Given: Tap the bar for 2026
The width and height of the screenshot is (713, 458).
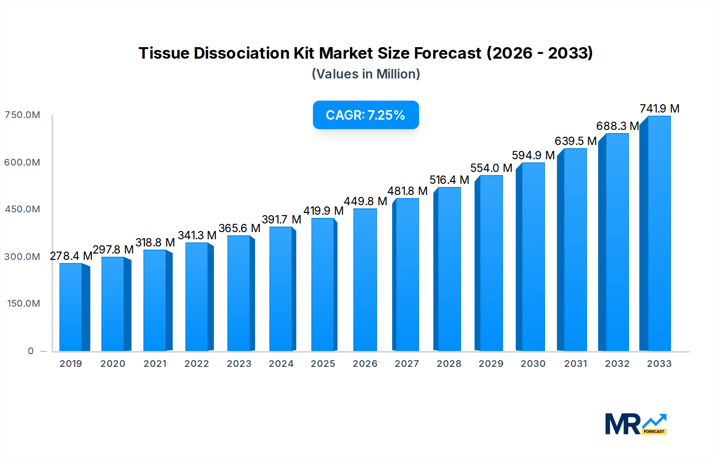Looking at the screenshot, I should (x=365, y=280).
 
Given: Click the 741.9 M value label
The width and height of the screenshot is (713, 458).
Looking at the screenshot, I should (x=660, y=109).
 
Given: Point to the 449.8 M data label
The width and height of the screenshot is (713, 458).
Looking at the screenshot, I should (x=365, y=201).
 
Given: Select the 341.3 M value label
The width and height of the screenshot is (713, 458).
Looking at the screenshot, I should (x=197, y=235).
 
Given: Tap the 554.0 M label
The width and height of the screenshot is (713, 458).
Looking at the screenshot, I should (x=491, y=168).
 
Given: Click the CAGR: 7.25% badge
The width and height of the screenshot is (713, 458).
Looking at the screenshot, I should (x=366, y=115).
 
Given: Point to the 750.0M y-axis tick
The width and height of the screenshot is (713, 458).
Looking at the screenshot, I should (x=23, y=115).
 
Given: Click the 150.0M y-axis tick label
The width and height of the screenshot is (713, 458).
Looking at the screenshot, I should (x=24, y=303).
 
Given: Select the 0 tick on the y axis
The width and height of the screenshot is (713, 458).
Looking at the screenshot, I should (x=31, y=351).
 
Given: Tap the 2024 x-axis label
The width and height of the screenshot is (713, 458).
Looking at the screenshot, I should (x=281, y=364).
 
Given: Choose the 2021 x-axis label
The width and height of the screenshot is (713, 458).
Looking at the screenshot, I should (x=155, y=364).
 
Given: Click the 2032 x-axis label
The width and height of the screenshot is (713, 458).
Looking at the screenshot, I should (x=617, y=364).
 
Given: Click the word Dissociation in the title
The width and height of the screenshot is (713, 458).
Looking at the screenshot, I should (x=242, y=53).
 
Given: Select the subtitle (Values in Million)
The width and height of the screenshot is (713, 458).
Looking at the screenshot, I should (x=366, y=74).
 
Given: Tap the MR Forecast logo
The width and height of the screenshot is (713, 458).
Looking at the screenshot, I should (x=636, y=424).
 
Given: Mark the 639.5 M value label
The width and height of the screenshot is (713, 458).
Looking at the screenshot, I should (x=576, y=141).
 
